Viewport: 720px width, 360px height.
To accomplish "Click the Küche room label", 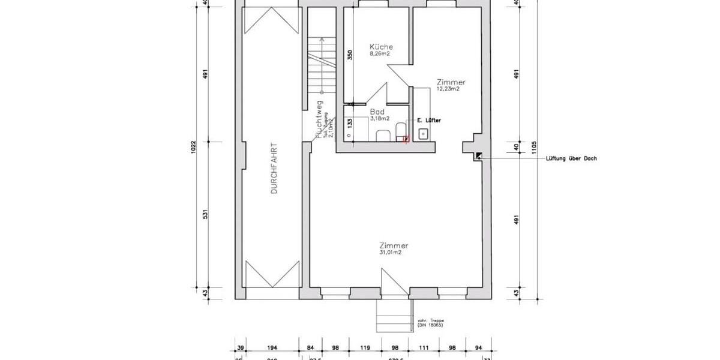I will pyautogui.click(x=382, y=47).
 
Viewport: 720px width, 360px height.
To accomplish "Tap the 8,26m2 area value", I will pyautogui.click(x=380, y=54).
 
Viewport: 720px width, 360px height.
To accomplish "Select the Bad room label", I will pyautogui.click(x=377, y=112).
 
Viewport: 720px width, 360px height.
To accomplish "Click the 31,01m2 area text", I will pyautogui.click(x=389, y=253).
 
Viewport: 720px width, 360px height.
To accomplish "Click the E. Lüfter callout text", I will pyautogui.click(x=429, y=121).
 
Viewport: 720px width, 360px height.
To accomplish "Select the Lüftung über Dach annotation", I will pyautogui.click(x=571, y=159).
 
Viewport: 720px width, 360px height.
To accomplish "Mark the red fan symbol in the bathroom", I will pyautogui.click(x=406, y=139).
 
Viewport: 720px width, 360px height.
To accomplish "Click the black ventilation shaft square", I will pyautogui.click(x=478, y=156).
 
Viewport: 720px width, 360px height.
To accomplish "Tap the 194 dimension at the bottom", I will pyautogui.click(x=272, y=348).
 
